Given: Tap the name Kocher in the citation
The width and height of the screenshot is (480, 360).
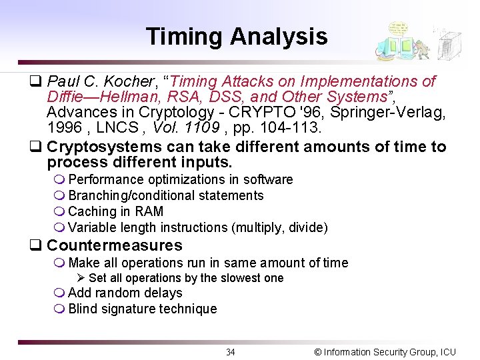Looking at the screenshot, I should [129, 81].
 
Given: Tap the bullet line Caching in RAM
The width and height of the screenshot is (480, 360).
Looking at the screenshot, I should [115, 211].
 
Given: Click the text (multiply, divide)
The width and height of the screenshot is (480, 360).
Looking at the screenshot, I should [279, 227].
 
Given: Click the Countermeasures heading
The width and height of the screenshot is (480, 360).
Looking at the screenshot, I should [114, 245].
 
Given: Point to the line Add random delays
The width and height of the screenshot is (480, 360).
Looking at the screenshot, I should [125, 293].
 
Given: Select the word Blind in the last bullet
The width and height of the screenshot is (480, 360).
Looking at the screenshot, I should [83, 309].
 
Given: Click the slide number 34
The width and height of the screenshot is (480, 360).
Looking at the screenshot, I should [230, 352].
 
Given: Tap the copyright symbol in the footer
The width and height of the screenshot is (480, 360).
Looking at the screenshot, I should [317, 352].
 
